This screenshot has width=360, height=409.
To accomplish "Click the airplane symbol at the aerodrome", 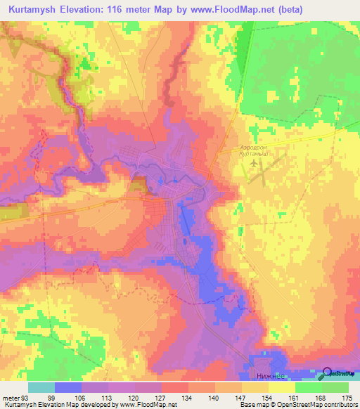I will pos(254,163).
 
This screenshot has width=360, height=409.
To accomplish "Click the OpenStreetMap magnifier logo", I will pos(328,373).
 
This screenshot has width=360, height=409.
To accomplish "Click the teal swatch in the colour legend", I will pos(41,387).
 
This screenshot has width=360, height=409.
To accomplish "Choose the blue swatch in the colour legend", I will pos(68,387).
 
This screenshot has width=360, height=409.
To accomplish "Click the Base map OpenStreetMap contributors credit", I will pos(297,405).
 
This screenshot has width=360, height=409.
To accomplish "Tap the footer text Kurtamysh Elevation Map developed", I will pos(70,405).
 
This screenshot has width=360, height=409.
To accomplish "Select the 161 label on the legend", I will pos(283,397).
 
